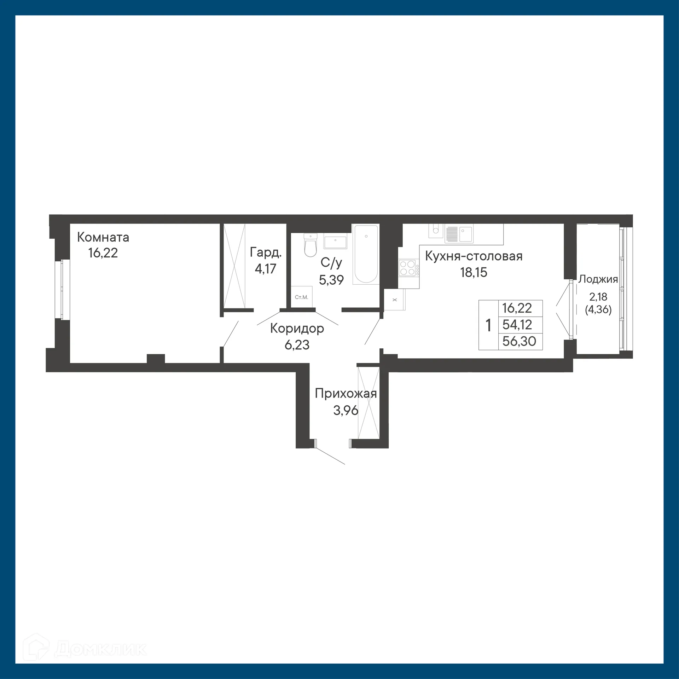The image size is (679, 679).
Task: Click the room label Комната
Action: point(103,237)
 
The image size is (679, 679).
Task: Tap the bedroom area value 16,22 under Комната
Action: point(103,253)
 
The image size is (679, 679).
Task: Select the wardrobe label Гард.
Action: point(266,252)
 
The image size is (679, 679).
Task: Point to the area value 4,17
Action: point(265,269)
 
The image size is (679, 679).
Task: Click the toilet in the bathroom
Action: point(311,245)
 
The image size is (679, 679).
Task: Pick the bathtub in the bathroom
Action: point(366,254)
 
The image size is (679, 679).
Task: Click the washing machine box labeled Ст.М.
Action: point(301,297)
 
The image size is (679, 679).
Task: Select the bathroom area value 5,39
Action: point(331,280)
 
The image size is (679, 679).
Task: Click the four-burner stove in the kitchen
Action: point(407,268)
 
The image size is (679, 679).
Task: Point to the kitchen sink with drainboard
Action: point(459,234)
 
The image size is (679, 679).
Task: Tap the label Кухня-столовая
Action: point(474,256)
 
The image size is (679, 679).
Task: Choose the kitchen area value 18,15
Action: point(474,272)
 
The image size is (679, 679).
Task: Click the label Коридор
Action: point(297,328)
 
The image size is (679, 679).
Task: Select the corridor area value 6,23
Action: point(297,344)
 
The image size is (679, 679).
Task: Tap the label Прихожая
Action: point(346,393)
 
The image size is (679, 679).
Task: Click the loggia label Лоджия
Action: point(598,279)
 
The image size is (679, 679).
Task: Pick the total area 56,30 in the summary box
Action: point(519,341)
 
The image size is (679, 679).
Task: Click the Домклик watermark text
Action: point(101,649)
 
